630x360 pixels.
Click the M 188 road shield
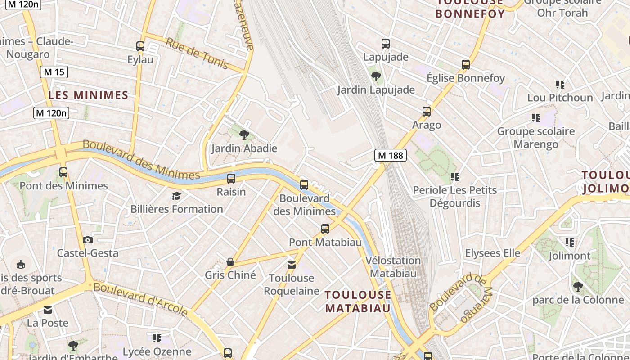point(391,156)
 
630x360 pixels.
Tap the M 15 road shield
point(54,72)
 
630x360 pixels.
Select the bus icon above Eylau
point(140,46)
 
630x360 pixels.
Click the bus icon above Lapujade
point(386,44)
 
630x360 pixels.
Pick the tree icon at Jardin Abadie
point(244,134)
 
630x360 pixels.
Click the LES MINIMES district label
point(88,95)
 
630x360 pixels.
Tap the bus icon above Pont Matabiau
point(325,229)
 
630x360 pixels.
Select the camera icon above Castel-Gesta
point(88,240)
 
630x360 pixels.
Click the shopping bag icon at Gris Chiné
point(230,261)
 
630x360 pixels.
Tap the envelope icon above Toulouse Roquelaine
point(292,265)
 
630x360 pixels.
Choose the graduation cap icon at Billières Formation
point(176,196)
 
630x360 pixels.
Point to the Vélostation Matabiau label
point(393,266)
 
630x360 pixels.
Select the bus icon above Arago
point(426,111)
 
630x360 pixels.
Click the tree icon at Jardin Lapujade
point(376,76)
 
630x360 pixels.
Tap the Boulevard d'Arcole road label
point(140,299)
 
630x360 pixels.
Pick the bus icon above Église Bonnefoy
point(466,64)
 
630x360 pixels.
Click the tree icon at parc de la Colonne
point(578,286)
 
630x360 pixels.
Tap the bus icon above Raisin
point(231,178)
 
